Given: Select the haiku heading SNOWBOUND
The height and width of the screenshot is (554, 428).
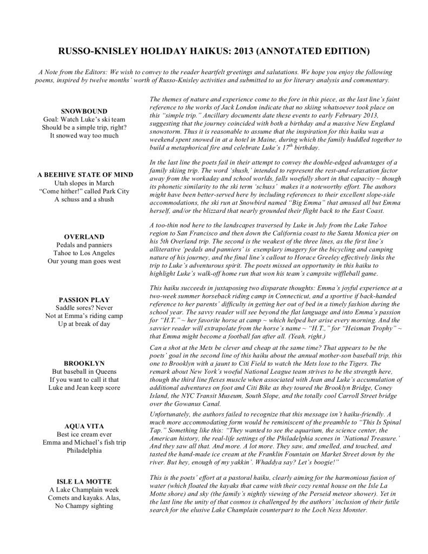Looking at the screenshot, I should click(x=84, y=111).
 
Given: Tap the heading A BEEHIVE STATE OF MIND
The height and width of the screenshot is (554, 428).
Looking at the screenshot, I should click(x=84, y=174).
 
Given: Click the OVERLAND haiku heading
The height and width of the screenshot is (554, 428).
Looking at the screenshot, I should click(x=84, y=237).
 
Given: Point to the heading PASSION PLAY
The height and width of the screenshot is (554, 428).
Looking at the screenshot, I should click(x=84, y=299).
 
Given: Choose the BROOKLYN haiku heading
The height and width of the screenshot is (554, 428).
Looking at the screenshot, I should click(x=84, y=363).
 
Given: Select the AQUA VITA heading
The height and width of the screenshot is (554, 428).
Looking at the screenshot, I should click(x=84, y=426).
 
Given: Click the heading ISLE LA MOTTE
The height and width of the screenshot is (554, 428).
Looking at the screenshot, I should click(x=84, y=481).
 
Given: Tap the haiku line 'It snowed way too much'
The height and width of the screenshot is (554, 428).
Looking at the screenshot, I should click(x=84, y=135).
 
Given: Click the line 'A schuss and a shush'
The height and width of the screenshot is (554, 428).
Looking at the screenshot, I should click(x=84, y=199).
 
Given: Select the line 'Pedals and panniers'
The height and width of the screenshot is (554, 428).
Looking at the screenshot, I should click(x=84, y=245).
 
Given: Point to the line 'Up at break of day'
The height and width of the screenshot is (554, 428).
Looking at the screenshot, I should click(x=84, y=324).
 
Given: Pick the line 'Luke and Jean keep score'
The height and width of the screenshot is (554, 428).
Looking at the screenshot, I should click(x=84, y=387).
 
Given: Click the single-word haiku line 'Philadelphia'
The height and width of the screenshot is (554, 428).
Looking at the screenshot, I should click(x=84, y=451).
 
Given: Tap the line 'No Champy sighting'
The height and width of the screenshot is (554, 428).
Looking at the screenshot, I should click(x=84, y=505).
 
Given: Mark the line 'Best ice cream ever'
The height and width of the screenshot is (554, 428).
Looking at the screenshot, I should click(x=84, y=434).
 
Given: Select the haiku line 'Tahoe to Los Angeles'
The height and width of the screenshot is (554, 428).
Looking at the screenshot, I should click(x=84, y=253).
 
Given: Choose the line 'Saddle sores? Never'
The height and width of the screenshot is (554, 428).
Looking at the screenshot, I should click(x=84, y=308).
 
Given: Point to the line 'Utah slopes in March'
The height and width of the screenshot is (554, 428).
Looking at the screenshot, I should click(x=84, y=183).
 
